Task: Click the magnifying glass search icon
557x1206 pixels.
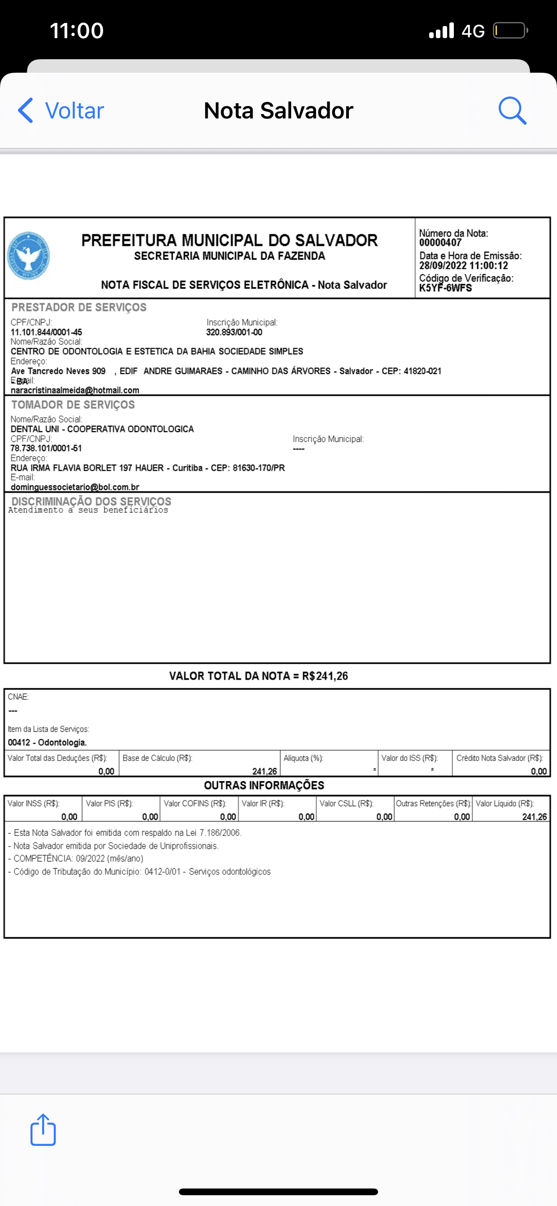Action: click(512, 110)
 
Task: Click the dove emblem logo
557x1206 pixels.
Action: click(29, 256)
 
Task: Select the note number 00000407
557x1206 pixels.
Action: click(440, 243)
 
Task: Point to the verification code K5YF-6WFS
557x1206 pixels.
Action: click(445, 288)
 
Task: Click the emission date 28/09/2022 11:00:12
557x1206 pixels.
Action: click(463, 266)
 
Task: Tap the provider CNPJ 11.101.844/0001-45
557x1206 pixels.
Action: click(46, 332)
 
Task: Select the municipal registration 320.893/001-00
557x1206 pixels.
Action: click(234, 332)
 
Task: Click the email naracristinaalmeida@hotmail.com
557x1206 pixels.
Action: click(75, 390)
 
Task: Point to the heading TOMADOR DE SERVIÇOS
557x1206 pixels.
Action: click(73, 405)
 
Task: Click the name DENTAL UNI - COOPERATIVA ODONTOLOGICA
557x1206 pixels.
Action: click(102, 429)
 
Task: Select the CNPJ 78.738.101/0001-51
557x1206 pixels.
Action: click(46, 448)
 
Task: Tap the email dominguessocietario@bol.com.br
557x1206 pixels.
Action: click(75, 487)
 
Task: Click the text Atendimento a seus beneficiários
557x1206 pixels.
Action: click(88, 510)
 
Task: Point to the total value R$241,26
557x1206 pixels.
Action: click(325, 676)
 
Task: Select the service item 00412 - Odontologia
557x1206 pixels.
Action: click(47, 742)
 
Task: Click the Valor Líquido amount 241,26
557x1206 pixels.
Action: click(534, 817)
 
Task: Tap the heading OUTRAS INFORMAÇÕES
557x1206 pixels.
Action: click(264, 785)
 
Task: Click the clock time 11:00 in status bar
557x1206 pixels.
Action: click(77, 31)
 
